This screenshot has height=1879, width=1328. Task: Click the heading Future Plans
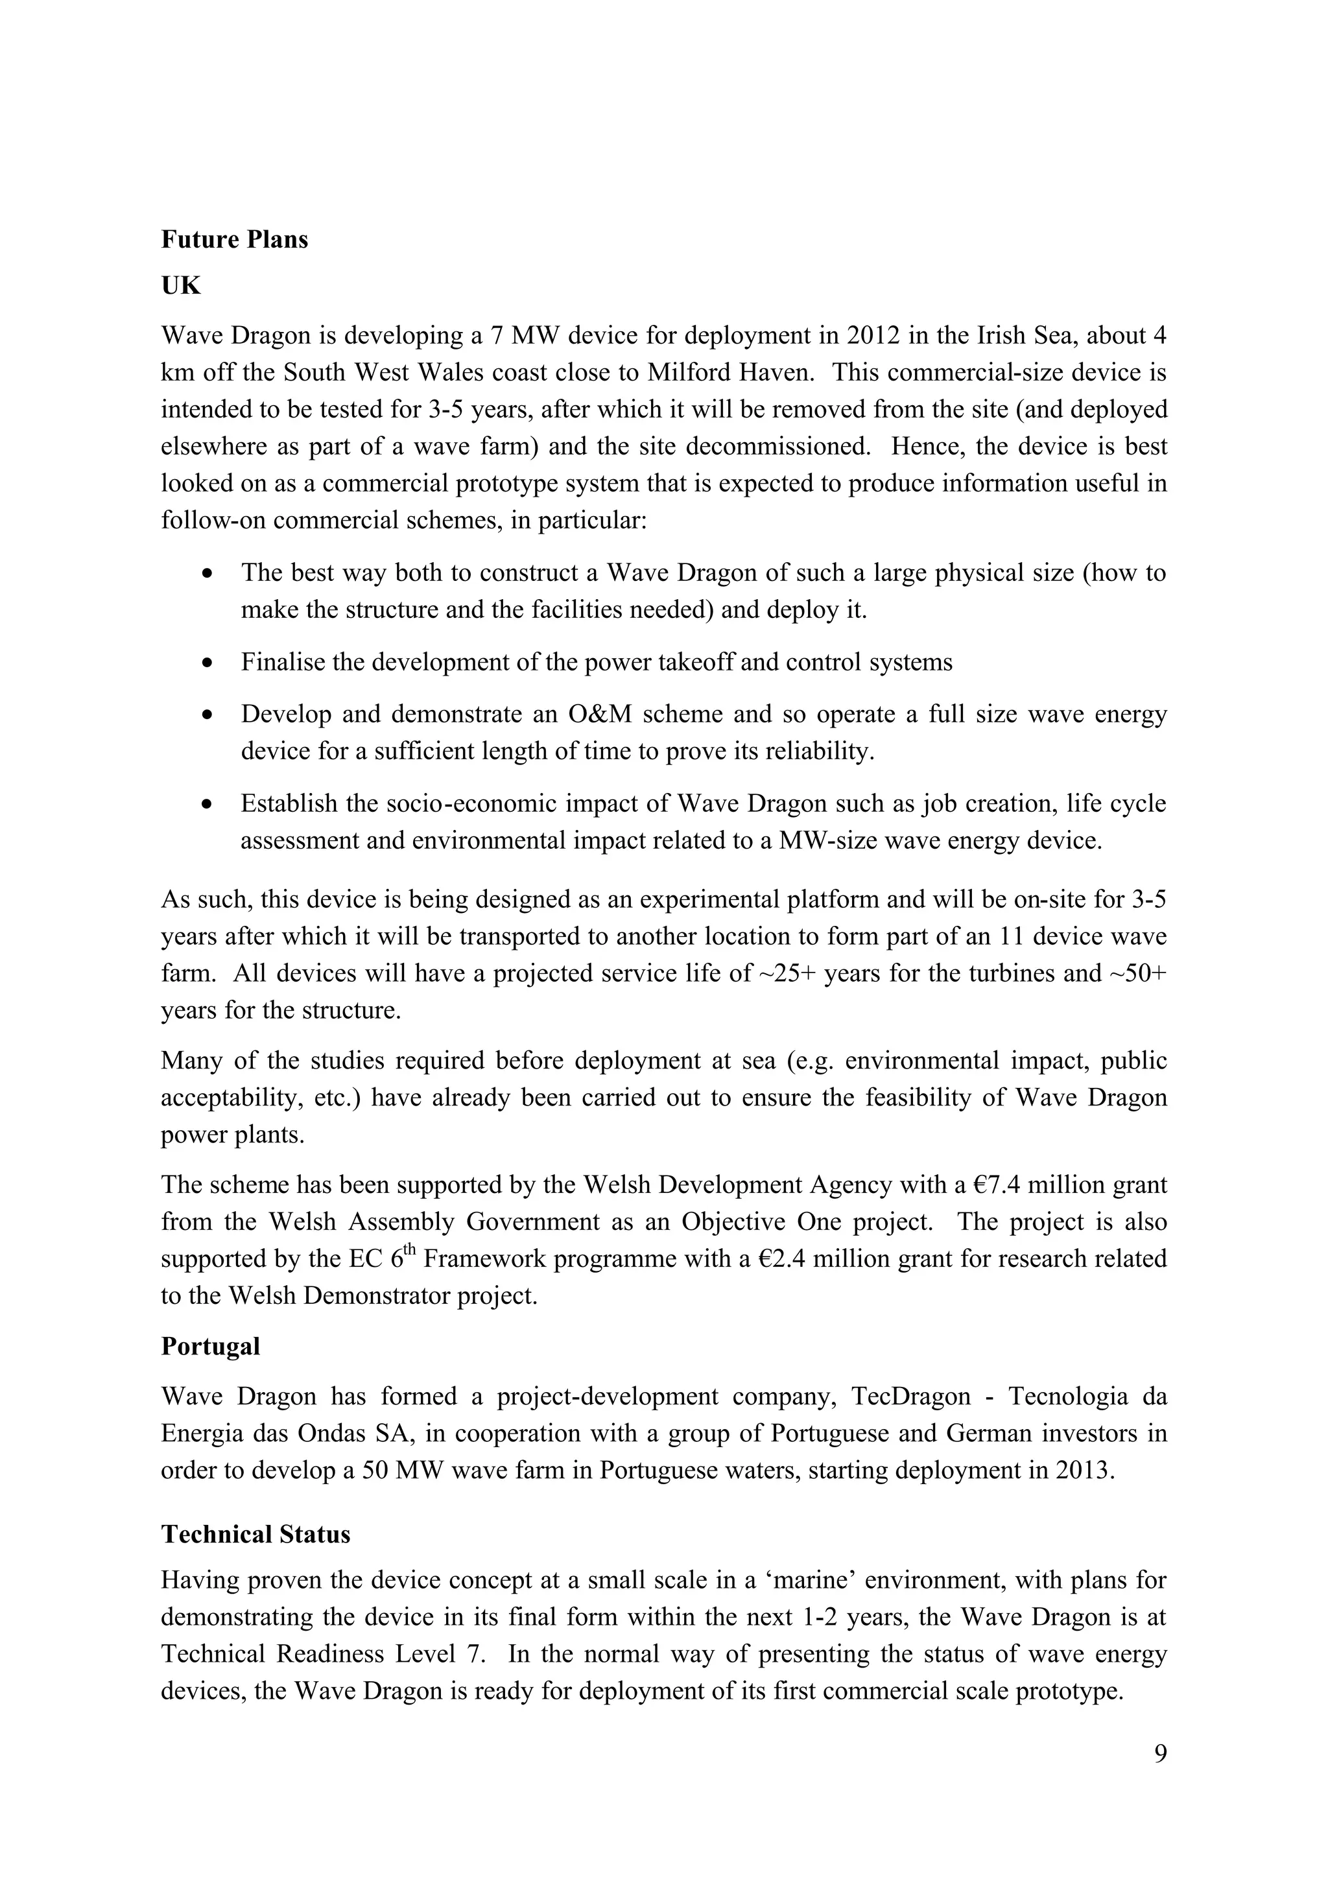click(234, 240)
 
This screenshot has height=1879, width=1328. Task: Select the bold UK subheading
click(181, 286)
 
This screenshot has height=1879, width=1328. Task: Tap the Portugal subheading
click(210, 1346)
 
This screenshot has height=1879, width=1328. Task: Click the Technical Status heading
click(255, 1535)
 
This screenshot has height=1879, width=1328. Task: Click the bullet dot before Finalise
click(209, 662)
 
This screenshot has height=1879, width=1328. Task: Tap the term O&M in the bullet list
click(600, 715)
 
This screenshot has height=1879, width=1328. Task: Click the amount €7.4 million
click(1039, 1184)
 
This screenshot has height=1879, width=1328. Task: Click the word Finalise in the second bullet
click(282, 662)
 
